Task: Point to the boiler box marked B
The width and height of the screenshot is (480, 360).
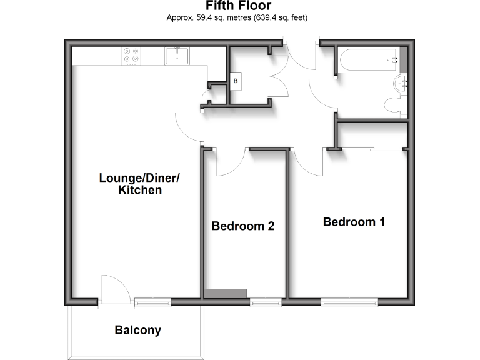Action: (236, 81)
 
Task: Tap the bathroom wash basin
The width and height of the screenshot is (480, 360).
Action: (401, 82)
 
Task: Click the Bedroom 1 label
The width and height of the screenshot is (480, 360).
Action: (354, 222)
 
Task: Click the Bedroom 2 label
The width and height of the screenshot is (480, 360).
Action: (243, 226)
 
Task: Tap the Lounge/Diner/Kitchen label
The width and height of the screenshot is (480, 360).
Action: (139, 184)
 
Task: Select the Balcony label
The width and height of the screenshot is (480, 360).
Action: (137, 330)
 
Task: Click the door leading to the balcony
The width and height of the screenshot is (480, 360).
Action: (115, 291)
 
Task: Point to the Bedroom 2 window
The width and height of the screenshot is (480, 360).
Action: (265, 302)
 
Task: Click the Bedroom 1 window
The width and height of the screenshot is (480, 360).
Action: (349, 302)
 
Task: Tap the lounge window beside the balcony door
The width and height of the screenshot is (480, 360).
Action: (152, 302)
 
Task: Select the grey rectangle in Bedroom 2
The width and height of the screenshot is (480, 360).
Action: (226, 293)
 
